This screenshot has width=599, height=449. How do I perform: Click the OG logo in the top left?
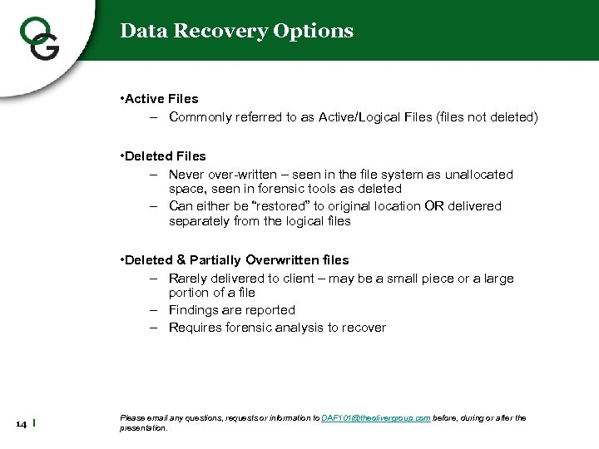tap(38, 37)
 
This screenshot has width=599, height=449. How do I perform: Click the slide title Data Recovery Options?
tap(236, 31)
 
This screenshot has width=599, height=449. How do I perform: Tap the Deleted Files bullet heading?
tap(165, 155)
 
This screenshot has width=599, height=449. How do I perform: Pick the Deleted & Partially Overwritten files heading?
tap(236, 260)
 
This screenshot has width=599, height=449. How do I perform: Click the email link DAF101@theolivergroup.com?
tap(375, 417)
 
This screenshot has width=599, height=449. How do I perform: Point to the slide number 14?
tap(21, 425)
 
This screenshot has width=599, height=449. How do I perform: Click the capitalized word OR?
tap(434, 206)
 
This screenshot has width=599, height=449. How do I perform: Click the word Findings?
tap(196, 310)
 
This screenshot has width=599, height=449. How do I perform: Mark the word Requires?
tap(196, 328)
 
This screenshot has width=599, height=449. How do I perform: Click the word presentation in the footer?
tap(143, 428)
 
